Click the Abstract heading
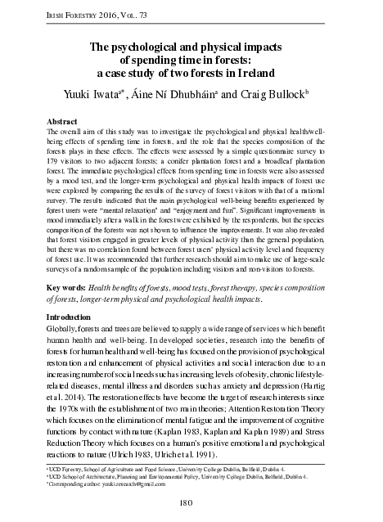click(x=65, y=120)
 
